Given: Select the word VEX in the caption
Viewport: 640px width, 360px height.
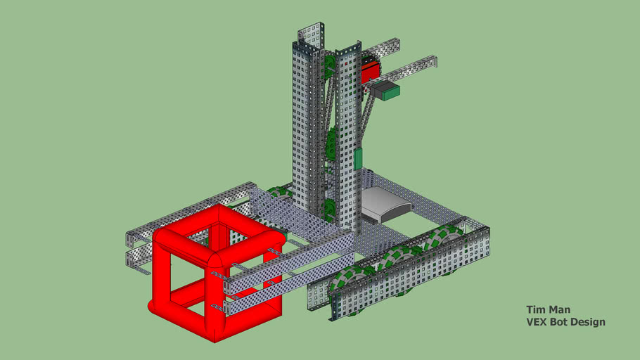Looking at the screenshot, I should tap(537, 322).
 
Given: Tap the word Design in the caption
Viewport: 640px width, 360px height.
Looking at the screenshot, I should tap(590, 322).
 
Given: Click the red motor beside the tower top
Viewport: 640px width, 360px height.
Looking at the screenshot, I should tap(370, 70).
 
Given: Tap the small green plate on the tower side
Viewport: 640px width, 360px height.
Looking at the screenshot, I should tap(358, 159).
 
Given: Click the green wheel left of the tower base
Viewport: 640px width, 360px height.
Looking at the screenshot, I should tap(279, 193).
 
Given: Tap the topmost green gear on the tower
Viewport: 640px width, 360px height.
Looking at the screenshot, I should tap(329, 63).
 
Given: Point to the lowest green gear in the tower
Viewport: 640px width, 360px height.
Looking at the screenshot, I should tap(328, 205).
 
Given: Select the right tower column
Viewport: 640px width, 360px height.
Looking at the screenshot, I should tap(347, 141).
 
